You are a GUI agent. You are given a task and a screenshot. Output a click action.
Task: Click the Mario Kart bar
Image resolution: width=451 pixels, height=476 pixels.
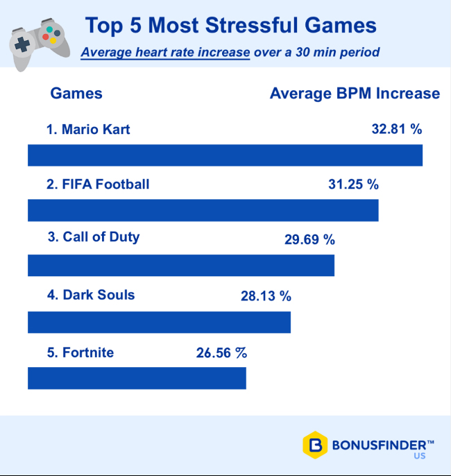225,155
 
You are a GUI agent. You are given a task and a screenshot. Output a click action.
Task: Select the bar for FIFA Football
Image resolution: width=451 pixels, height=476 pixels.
203,210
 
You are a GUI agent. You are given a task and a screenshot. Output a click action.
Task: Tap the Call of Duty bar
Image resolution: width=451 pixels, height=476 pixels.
181,265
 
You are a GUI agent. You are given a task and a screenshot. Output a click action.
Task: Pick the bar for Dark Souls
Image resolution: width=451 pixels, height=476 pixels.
159,322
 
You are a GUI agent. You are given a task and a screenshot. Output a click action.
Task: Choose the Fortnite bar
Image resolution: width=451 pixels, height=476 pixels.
137,378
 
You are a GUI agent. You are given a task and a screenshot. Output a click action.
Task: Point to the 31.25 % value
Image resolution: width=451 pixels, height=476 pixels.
353,185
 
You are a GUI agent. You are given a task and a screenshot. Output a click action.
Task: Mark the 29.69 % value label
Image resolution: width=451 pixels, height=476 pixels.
309,240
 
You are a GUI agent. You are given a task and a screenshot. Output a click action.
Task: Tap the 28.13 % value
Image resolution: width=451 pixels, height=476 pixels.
266,296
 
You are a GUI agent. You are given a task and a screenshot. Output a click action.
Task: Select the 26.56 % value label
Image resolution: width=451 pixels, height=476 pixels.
221,352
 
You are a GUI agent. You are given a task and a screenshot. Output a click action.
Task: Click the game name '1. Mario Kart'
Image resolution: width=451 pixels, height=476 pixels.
88,129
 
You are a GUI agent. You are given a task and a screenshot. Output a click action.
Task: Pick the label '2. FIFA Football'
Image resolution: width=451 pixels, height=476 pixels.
98,184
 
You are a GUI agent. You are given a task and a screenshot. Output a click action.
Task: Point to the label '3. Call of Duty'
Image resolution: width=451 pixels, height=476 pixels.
94,237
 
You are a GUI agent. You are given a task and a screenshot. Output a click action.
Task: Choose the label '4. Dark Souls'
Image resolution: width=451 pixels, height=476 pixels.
91,295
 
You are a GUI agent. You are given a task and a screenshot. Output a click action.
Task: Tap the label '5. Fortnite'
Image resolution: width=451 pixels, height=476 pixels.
80,352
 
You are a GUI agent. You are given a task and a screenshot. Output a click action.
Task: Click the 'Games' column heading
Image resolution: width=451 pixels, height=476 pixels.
76,94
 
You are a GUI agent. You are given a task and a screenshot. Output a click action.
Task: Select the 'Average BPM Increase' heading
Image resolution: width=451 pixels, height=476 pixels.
355,94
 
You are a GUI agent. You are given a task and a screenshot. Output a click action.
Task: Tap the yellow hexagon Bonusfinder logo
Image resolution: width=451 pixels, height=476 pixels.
314,445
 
